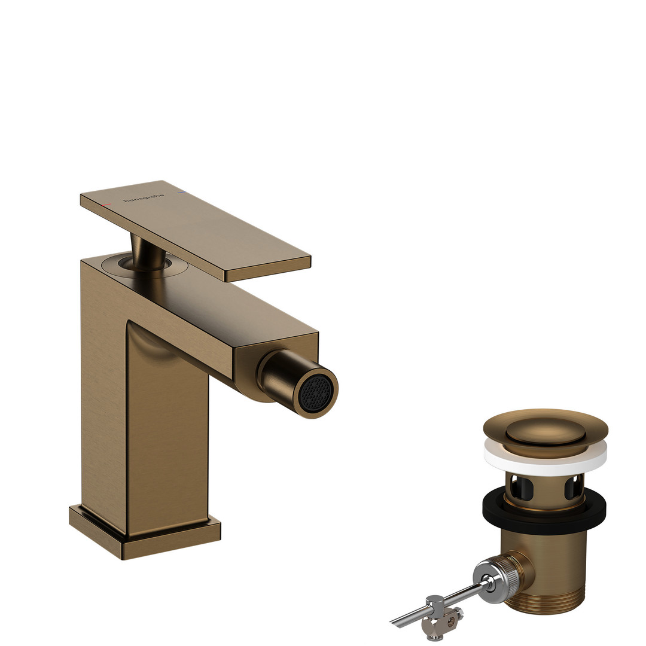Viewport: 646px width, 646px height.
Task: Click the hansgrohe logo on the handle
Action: pos(144,198)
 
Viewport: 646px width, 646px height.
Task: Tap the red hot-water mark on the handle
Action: pos(106,205)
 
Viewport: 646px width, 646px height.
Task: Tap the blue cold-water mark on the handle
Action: pos(181,193)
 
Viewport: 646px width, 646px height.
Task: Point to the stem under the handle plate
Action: pos(147,252)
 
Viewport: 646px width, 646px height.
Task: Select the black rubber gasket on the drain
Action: pos(544,510)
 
